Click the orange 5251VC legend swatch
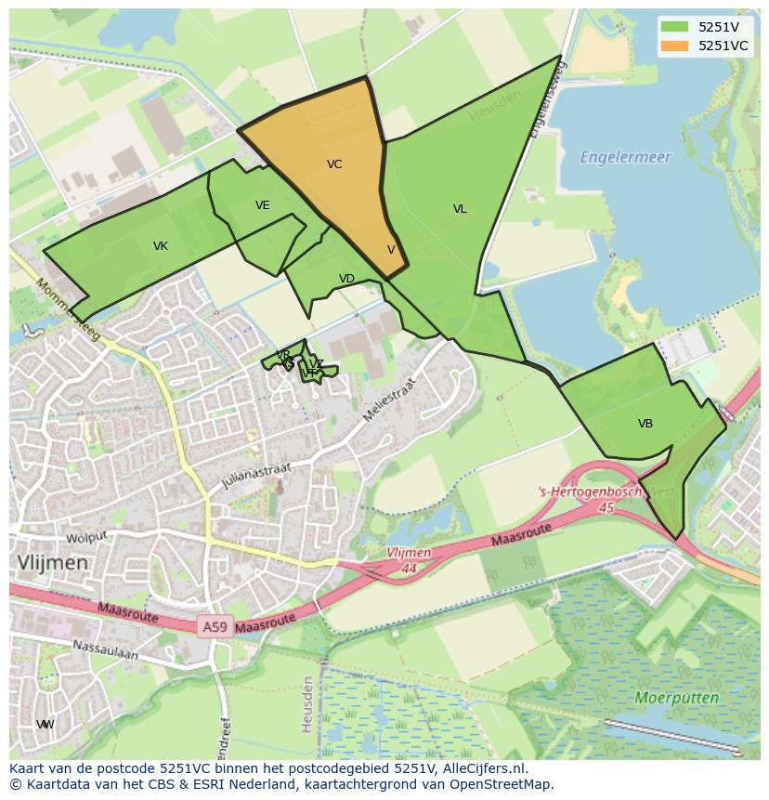tap(675, 46)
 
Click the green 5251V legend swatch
tap(675, 27)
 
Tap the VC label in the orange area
tap(334, 164)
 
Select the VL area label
tap(460, 209)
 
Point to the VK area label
tap(161, 246)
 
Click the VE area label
tap(263, 205)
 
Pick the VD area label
tap(346, 279)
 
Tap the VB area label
tap(645, 424)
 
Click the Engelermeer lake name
tap(625, 158)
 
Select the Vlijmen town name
tap(53, 562)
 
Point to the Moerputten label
tap(677, 697)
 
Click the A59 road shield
tap(215, 627)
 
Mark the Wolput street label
tap(86, 536)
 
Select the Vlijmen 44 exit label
tap(409, 559)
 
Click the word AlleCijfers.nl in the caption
tap(482, 769)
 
